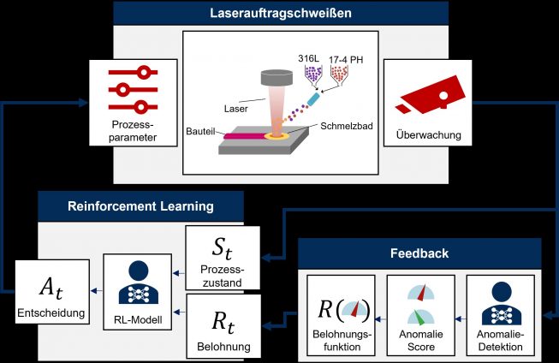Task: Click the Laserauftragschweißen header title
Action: [281, 14]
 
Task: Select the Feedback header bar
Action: [419, 253]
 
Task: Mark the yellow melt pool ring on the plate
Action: [277, 135]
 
